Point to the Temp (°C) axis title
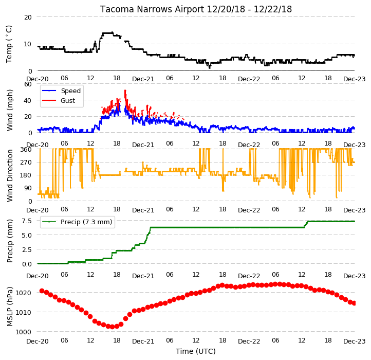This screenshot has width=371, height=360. pos(9,44)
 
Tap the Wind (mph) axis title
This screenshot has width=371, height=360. pos(9,110)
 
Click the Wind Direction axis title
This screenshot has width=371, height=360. pos(9,175)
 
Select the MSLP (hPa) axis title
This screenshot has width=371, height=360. pos(9,307)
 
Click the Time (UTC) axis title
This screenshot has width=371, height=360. pos(196,351)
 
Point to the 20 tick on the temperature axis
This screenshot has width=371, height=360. pos(28,17)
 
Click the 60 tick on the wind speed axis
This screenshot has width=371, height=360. pos(28,84)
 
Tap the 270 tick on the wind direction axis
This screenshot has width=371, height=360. pos(26,163)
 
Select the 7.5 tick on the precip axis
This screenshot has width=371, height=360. pos(27,221)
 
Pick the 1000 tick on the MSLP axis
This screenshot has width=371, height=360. pos(23,332)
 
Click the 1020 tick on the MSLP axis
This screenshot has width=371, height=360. pos(23,293)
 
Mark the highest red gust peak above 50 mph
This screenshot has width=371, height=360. pos(125,91)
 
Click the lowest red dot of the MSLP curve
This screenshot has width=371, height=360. pos(113,327)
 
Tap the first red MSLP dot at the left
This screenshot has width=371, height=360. pos(42,291)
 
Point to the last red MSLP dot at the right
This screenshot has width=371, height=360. pos(354,303)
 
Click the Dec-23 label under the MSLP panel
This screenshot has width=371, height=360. pos(354,341)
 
